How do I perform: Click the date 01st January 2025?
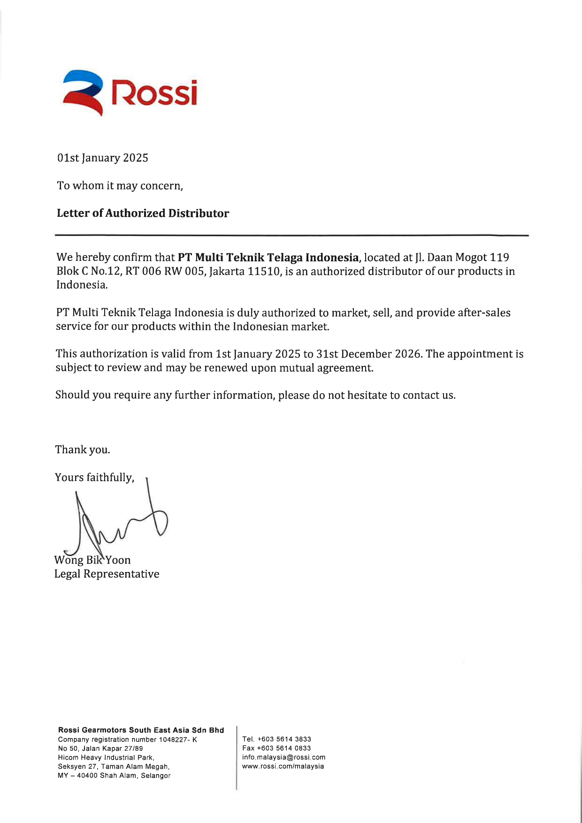point(103,158)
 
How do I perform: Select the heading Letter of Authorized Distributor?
point(143,213)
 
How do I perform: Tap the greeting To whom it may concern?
point(120,186)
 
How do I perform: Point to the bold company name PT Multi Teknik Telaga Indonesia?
point(268,258)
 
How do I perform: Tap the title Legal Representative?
point(107,574)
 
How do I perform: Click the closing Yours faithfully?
point(94,478)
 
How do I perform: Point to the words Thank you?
point(83,450)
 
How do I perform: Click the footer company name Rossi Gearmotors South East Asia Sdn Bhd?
point(141,730)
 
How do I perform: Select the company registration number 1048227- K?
point(178,739)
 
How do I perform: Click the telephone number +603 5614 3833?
point(284,739)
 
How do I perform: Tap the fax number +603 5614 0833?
point(284,748)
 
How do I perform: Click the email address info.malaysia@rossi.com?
point(283,757)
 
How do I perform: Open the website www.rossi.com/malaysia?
point(283,766)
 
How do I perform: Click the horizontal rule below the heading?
point(291,235)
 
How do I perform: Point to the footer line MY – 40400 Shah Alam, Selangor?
point(114,776)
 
